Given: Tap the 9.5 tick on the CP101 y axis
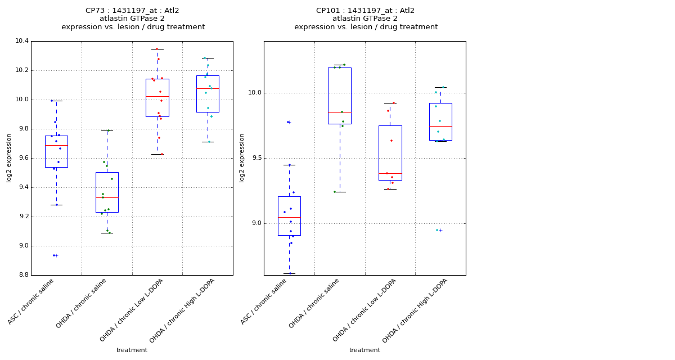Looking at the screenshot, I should click(254, 158).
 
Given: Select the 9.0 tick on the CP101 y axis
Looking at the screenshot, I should click(254, 223).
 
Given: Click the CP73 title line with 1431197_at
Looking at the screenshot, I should click(132, 11).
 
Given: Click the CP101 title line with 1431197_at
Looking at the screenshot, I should click(365, 11).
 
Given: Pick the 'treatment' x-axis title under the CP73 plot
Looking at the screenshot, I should click(132, 350).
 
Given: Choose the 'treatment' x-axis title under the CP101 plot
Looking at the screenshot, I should click(364, 350).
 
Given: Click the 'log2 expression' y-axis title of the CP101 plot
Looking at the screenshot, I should click(242, 157).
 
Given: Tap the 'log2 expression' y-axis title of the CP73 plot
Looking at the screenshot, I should click(9, 157).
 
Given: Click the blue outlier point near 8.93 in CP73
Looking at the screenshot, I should click(54, 255).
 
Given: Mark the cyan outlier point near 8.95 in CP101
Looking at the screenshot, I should click(437, 230).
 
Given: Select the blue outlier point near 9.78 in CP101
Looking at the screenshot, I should click(288, 122).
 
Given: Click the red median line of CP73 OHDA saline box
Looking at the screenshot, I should click(107, 197).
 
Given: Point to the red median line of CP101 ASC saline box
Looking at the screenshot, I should click(289, 217).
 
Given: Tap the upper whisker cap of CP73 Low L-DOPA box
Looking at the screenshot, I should click(157, 49).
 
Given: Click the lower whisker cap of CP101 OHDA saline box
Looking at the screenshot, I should click(339, 192).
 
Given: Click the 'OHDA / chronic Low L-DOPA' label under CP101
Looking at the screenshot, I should click(364, 310).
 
